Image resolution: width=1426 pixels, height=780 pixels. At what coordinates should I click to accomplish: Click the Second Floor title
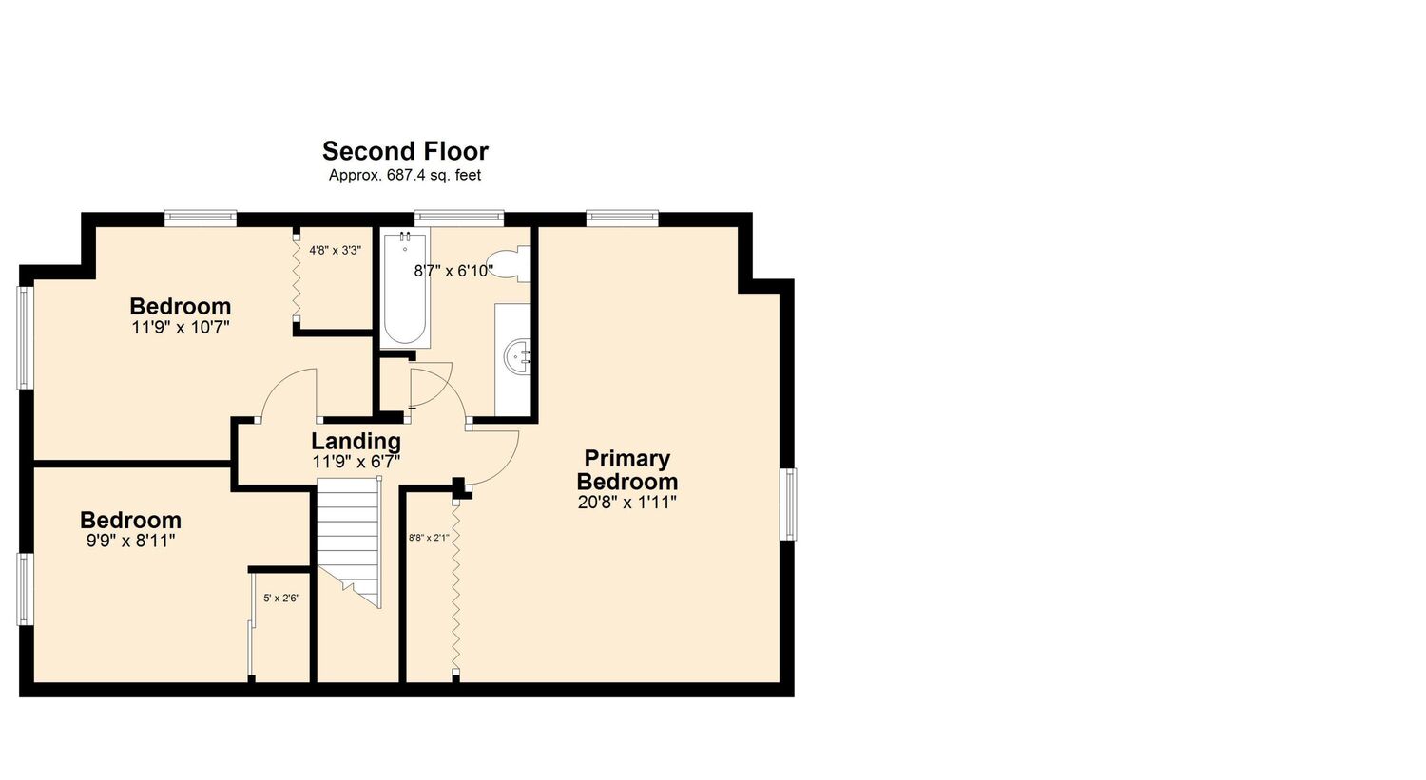click(x=405, y=151)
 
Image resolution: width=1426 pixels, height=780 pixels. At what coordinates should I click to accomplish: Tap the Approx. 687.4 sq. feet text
click(x=405, y=175)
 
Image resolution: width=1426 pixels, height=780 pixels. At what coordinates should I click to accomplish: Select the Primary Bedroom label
click(x=627, y=469)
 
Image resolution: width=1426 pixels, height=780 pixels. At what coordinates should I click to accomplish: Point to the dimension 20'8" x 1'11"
click(x=627, y=503)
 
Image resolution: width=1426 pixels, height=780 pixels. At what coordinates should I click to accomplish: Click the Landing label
click(x=356, y=442)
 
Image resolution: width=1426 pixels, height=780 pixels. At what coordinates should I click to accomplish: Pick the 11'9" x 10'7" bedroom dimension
click(x=181, y=328)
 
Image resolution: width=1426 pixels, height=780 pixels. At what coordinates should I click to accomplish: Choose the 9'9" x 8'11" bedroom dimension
click(x=130, y=541)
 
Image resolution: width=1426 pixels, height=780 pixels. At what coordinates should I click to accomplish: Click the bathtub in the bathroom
click(x=405, y=289)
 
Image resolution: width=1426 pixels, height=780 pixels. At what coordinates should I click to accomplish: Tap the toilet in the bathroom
click(x=510, y=264)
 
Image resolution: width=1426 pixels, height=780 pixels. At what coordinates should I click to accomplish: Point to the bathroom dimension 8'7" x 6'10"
click(x=453, y=271)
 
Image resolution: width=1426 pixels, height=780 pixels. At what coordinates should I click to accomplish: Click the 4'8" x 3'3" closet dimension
click(x=336, y=251)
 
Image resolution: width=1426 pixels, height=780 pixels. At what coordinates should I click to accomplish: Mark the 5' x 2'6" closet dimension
click(x=281, y=598)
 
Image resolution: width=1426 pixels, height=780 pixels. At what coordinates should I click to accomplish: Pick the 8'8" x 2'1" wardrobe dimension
click(x=429, y=538)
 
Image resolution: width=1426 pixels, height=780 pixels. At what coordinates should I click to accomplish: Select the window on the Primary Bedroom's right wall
click(x=789, y=504)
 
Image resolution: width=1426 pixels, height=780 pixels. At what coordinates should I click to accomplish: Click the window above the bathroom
click(x=459, y=218)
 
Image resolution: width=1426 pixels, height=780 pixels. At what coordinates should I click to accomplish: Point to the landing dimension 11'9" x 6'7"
click(x=356, y=462)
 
